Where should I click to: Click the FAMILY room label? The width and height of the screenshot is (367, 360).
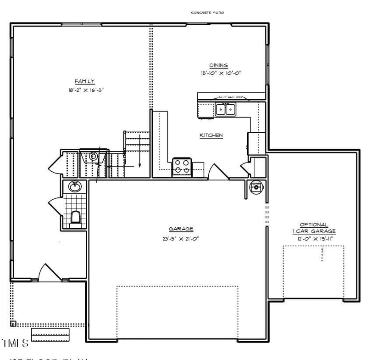pyautogui.click(x=85, y=81)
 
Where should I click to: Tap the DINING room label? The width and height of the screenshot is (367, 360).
pyautogui.click(x=218, y=65)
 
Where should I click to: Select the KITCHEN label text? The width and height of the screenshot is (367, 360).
pyautogui.click(x=211, y=135)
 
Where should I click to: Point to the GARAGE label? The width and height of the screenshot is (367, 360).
pyautogui.click(x=180, y=229)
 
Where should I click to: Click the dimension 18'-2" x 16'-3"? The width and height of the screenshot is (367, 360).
pyautogui.click(x=85, y=90)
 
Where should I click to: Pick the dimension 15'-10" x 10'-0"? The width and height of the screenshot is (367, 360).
pyautogui.click(x=221, y=73)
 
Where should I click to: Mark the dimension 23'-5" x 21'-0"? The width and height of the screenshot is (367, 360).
pyautogui.click(x=180, y=238)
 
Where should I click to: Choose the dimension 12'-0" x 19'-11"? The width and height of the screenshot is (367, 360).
pyautogui.click(x=313, y=239)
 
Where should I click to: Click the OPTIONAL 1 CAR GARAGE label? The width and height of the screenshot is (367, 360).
pyautogui.click(x=313, y=228)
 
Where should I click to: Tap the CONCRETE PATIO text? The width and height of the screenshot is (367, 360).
pyautogui.click(x=207, y=13)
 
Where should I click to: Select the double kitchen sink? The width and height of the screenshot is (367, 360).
pyautogui.click(x=225, y=109)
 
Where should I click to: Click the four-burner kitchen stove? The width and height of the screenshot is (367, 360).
pyautogui.click(x=182, y=167)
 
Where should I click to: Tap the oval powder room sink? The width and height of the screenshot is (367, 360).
pyautogui.click(x=75, y=186)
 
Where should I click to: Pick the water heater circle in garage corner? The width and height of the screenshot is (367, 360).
pyautogui.click(x=255, y=187)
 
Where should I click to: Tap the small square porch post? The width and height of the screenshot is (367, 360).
pyautogui.click(x=13, y=323)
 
